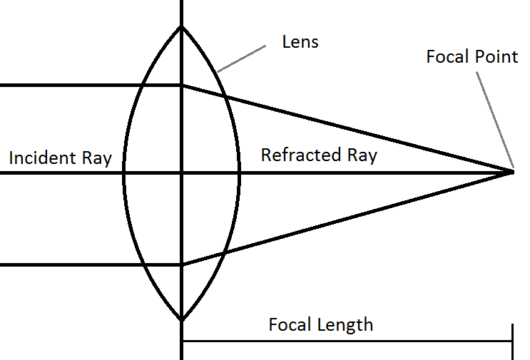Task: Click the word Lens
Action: pyautogui.click(x=300, y=42)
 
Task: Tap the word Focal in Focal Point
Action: pyautogui.click(x=448, y=56)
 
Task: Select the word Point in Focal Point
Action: pyautogui.click(x=496, y=56)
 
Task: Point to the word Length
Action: pyautogui.click(x=346, y=325)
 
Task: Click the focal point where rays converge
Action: pyautogui.click(x=512, y=172)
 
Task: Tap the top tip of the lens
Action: pyautogui.click(x=182, y=27)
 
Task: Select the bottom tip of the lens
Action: pyautogui.click(x=182, y=320)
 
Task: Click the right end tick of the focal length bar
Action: pyautogui.click(x=512, y=341)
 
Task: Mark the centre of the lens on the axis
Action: pyautogui.click(x=182, y=172)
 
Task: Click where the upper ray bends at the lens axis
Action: pyautogui.click(x=182, y=86)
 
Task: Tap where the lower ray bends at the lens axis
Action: pyautogui.click(x=182, y=264)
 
